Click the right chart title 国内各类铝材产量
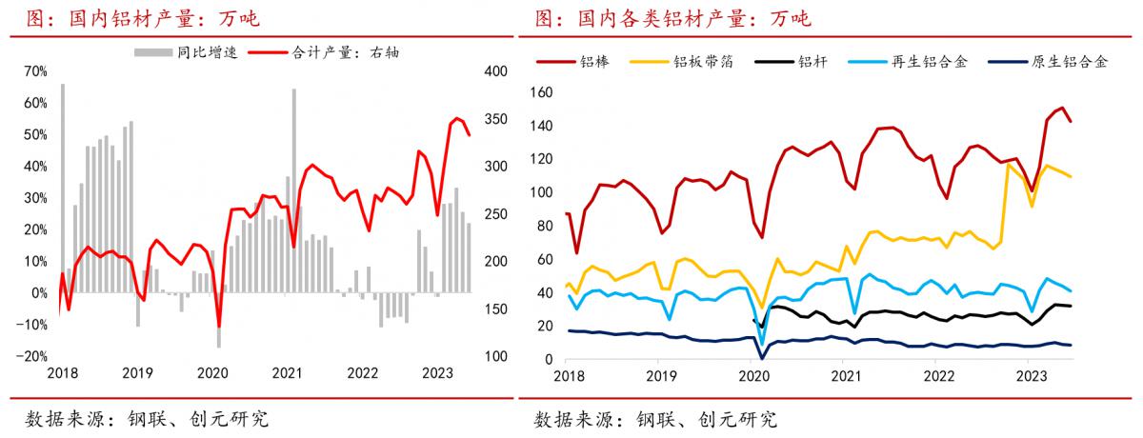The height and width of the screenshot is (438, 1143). pos(672,18)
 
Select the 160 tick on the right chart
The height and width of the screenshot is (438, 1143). pos(539,92)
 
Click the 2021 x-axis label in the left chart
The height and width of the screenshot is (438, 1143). pos(286,375)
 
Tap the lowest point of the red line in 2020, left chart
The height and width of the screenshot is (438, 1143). pos(219,327)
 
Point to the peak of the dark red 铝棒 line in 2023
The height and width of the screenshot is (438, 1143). pos(1061,109)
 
